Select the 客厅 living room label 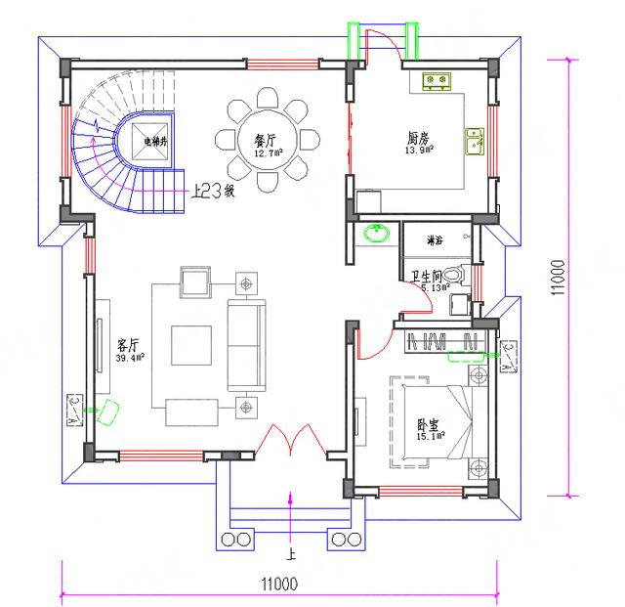[x=129, y=346]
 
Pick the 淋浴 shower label [x=436, y=239]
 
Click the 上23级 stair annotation [x=214, y=192]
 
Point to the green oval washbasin [x=376, y=234]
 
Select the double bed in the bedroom [x=435, y=420]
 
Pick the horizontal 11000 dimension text [x=279, y=584]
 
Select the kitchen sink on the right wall [x=475, y=142]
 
